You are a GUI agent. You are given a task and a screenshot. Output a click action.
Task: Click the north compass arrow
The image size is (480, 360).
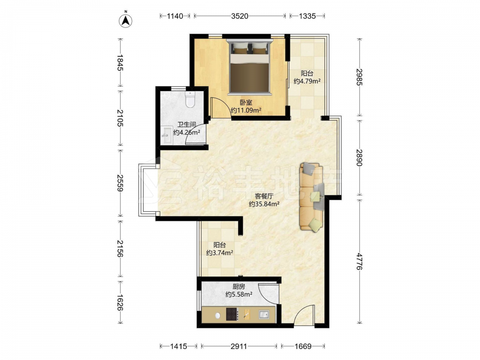click(125, 20)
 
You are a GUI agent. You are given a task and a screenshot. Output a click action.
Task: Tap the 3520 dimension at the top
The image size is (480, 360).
click(240, 16)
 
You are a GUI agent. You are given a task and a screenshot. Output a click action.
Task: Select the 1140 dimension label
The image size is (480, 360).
click(175, 16)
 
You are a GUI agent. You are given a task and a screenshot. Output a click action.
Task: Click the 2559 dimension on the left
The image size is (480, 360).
click(120, 183)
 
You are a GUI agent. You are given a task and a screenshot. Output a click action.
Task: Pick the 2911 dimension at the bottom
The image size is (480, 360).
click(239, 346)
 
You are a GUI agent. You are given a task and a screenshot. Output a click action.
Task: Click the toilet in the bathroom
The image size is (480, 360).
click(190, 99)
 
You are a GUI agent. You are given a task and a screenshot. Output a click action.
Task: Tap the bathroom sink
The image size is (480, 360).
click(167, 136)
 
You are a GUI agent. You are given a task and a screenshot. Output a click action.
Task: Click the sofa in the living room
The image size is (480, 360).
click(312, 196)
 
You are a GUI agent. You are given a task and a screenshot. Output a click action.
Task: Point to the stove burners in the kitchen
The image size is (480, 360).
click(232, 314)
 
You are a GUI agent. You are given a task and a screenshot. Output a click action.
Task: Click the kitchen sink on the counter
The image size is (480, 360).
click(264, 314)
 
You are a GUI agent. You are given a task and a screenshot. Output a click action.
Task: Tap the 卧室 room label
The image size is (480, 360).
click(246, 103)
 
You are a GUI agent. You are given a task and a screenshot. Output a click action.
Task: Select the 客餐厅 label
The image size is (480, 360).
click(264, 196)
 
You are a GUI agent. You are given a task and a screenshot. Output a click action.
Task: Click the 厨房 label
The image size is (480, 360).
click(239, 287)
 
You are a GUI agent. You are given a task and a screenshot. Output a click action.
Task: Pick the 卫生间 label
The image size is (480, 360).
click(187, 125)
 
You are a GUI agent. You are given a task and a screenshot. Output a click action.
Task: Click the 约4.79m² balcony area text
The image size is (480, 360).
click(307, 81)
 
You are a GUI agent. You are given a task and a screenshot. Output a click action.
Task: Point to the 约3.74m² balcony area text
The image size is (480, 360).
click(219, 253)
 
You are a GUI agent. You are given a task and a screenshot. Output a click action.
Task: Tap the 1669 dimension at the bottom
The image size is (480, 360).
click(303, 346)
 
